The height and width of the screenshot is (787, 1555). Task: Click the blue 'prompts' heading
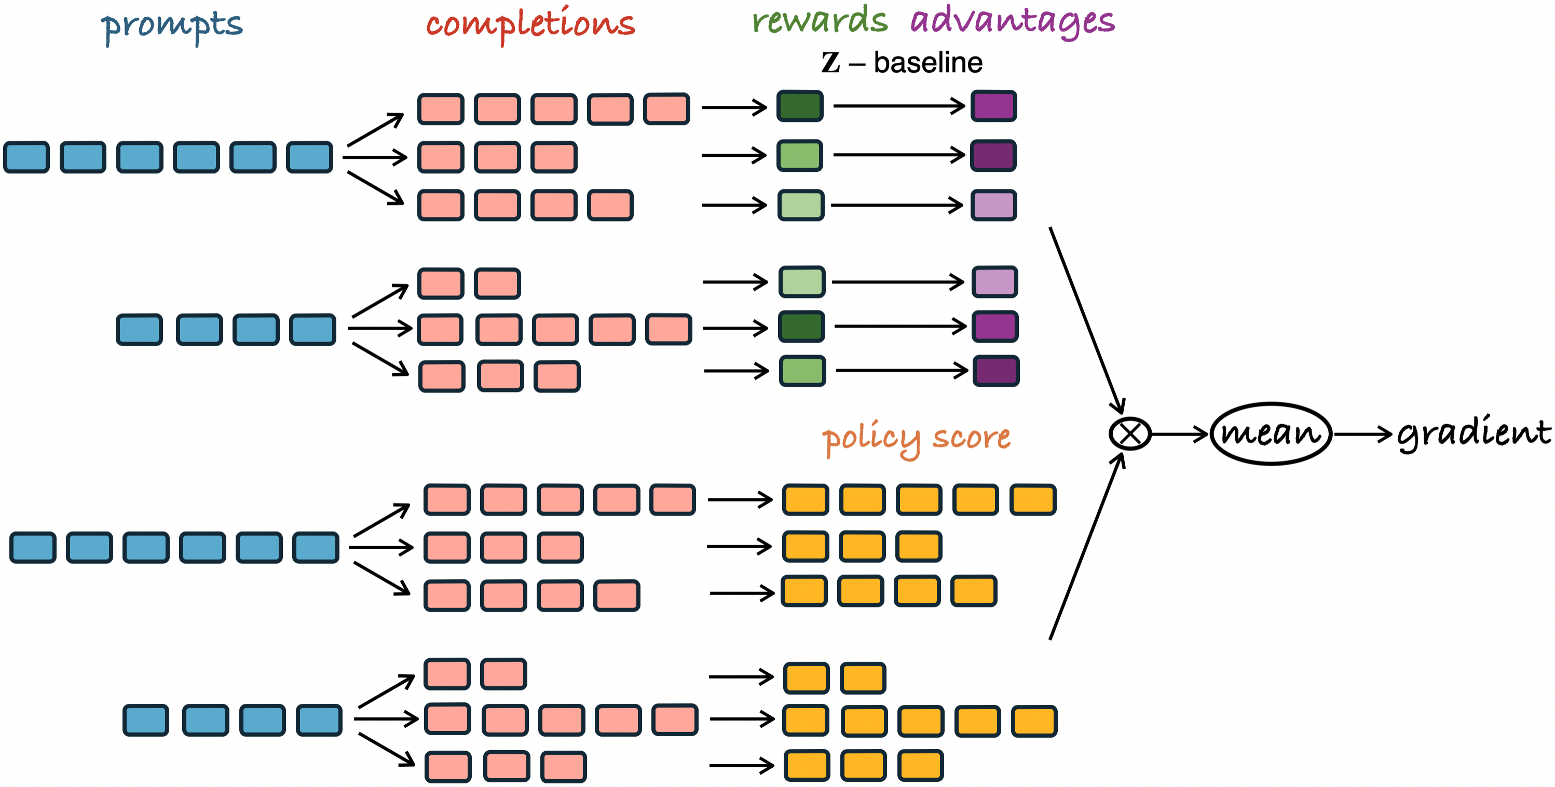click(171, 26)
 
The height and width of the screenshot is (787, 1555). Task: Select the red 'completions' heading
click(530, 24)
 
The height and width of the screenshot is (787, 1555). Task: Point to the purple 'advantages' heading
click(1012, 22)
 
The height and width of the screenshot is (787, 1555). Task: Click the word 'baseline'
click(928, 62)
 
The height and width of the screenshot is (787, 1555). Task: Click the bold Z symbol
click(830, 62)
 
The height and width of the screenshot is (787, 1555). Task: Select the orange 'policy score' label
click(917, 439)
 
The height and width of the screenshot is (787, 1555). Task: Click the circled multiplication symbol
click(1130, 433)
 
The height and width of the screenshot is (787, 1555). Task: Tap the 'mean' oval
click(1271, 433)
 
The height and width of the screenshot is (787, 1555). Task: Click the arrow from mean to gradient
click(1363, 435)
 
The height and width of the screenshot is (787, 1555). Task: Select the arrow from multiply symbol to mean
click(1180, 435)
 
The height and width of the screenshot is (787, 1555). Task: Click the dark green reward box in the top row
click(800, 106)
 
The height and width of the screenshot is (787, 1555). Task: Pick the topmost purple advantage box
click(993, 106)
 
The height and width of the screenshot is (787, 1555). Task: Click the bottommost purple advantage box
click(996, 371)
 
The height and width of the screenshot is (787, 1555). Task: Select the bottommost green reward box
click(802, 371)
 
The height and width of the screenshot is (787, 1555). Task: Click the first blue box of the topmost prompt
click(26, 157)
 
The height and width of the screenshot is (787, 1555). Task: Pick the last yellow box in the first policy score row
click(1033, 499)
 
